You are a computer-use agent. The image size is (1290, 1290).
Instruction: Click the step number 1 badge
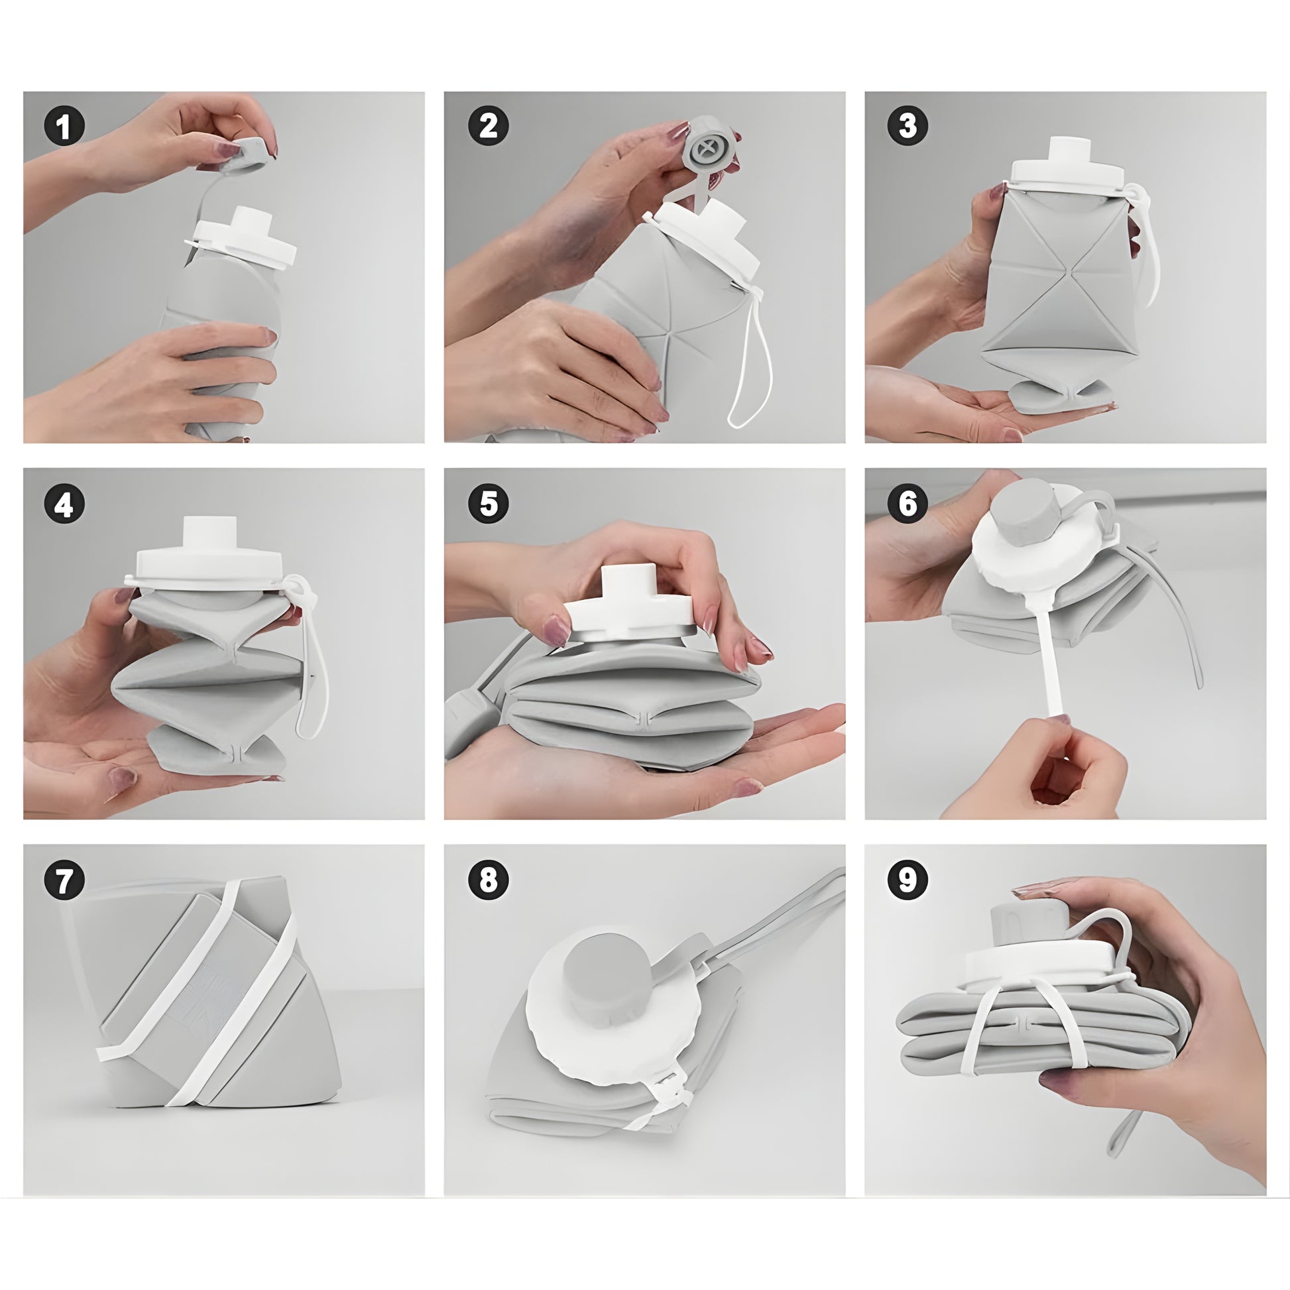[64, 125]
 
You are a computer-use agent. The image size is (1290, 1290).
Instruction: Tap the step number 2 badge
[488, 125]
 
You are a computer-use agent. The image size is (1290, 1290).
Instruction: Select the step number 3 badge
[908, 125]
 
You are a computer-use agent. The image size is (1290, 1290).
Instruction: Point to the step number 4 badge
[64, 504]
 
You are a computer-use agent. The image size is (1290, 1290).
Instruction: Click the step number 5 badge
[488, 504]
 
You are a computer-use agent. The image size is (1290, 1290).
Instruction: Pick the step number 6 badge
[908, 504]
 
